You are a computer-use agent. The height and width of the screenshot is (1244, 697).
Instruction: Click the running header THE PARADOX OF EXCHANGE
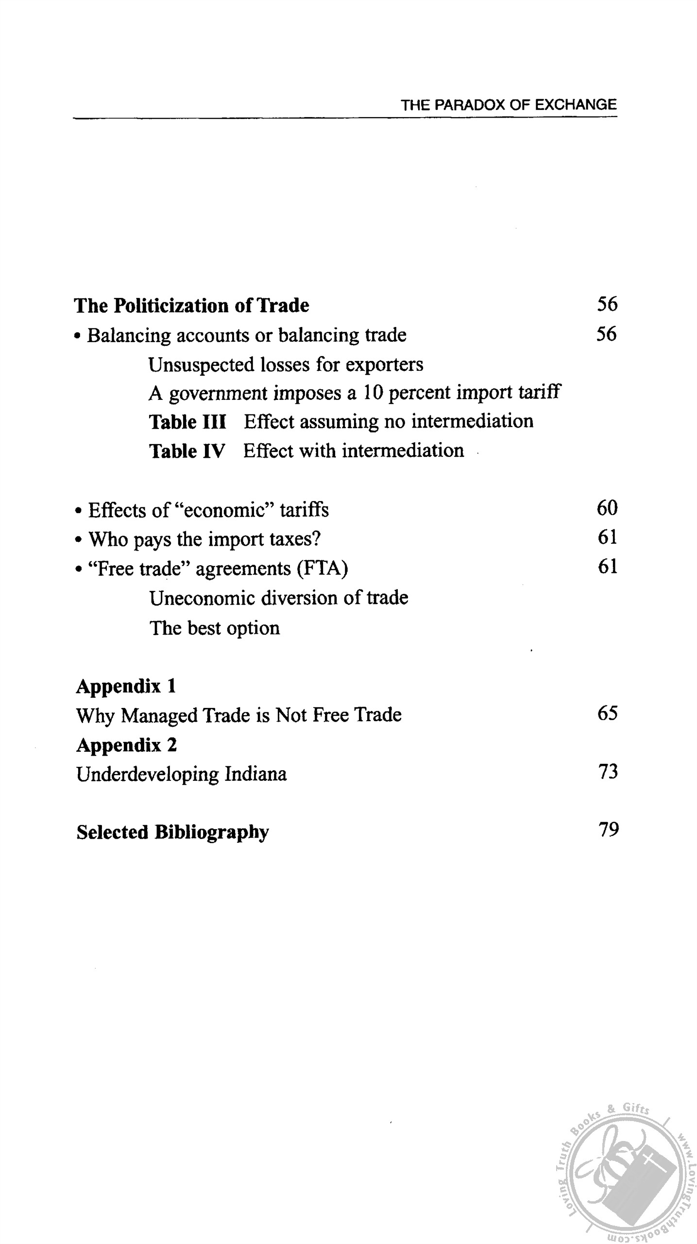coord(509,105)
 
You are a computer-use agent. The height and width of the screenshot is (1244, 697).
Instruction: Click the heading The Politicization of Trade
coord(191,306)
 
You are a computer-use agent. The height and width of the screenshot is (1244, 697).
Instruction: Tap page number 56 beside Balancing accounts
coord(607,334)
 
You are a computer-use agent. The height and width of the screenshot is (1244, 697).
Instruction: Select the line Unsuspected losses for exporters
coord(286,364)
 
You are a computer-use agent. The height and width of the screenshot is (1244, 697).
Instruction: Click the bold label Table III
coord(187,422)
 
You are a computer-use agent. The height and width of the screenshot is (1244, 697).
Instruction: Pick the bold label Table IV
coord(187,451)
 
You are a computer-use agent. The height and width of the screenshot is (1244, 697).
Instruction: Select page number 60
coord(607,508)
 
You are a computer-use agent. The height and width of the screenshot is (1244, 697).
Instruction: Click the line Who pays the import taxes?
coord(204,539)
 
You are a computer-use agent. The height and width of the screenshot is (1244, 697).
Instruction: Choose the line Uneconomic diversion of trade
coord(279,598)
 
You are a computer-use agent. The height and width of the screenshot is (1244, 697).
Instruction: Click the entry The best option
coord(215,628)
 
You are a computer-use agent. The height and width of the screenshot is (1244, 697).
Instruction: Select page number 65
coord(608,713)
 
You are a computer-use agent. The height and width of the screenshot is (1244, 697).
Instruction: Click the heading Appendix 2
coord(127,745)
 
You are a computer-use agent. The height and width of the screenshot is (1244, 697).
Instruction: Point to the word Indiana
coord(255,774)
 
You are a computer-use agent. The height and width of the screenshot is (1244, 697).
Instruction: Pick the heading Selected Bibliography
coord(172,832)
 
